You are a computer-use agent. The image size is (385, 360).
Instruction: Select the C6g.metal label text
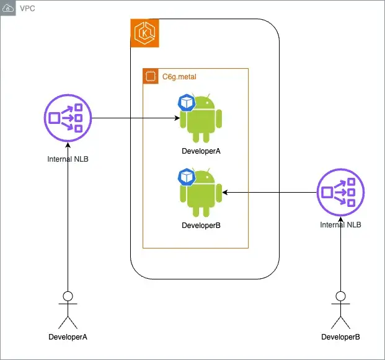[x=179, y=77]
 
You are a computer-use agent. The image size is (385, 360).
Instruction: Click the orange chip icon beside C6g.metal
[x=149, y=77]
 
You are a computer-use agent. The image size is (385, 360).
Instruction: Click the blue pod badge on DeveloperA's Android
[x=186, y=103]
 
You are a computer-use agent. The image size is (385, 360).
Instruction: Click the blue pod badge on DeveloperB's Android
[x=186, y=177]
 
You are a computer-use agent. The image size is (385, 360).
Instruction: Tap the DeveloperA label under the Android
[x=201, y=151]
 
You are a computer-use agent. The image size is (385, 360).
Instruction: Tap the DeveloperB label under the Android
[x=201, y=226]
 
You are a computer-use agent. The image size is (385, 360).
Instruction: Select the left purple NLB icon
[x=67, y=117]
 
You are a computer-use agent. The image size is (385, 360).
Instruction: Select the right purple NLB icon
[x=340, y=193]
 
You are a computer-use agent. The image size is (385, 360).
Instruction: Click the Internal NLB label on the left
[x=68, y=159]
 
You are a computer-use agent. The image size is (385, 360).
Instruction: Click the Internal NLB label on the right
[x=340, y=225]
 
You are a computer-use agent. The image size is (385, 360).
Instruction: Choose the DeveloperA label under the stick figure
[x=68, y=337]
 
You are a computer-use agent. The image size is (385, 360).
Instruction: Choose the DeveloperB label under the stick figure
[x=340, y=337]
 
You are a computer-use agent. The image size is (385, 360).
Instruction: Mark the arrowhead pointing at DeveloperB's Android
[x=226, y=193]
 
